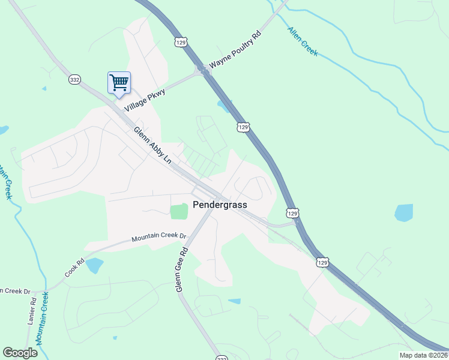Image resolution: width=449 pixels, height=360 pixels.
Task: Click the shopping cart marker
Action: tap(119, 83)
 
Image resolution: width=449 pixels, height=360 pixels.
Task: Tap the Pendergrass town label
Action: tap(220, 205)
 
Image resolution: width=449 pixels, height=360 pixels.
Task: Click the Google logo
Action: tap(20, 353)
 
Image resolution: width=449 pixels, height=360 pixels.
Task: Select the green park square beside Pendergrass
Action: tap(178, 212)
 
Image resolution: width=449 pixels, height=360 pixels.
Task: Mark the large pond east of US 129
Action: tap(403, 212)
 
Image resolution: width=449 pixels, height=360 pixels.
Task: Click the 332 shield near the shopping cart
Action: tap(74, 80)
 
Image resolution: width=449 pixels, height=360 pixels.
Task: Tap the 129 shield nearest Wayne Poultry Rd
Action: tap(182, 41)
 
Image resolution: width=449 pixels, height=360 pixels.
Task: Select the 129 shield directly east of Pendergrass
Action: tap(292, 213)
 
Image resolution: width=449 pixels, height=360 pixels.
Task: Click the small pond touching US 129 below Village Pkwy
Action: tap(224, 107)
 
